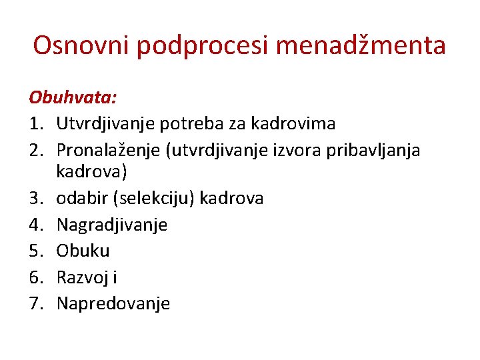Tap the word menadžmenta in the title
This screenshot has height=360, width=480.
(359, 46)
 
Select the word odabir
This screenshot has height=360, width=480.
(79, 198)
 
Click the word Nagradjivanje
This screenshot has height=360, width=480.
(112, 225)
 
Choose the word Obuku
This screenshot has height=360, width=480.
(83, 251)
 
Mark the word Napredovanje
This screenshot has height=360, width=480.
(113, 304)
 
